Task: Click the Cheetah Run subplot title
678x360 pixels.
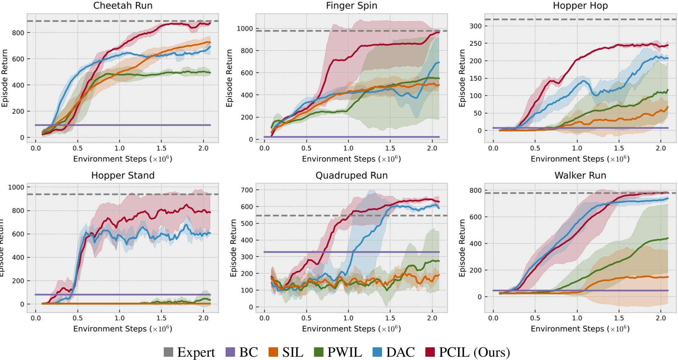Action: (x=123, y=6)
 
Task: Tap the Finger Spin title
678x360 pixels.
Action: (x=351, y=6)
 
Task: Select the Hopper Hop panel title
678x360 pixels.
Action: (x=580, y=6)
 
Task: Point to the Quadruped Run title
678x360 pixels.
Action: (x=351, y=176)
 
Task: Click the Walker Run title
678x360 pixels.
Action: (x=580, y=176)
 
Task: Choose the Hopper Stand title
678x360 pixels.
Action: (x=123, y=176)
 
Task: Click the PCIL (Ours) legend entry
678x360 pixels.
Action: (x=474, y=352)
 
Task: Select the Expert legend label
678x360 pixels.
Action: (x=196, y=352)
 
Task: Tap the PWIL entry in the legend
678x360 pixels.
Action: (x=344, y=352)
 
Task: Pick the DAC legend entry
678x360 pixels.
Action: (x=400, y=352)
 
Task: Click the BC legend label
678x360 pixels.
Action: (x=249, y=352)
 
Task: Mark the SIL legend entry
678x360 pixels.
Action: (x=292, y=352)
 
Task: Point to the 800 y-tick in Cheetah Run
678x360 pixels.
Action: (x=18, y=33)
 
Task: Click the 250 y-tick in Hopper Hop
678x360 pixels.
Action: (x=475, y=43)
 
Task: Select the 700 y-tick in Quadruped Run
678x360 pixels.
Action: (x=247, y=190)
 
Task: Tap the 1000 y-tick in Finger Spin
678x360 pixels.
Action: (x=244, y=29)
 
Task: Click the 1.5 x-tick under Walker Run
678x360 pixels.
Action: (x=619, y=318)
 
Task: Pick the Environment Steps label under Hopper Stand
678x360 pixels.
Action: (x=122, y=329)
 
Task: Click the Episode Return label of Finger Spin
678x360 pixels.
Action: (x=229, y=78)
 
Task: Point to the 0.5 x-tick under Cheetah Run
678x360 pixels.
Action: (x=77, y=148)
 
